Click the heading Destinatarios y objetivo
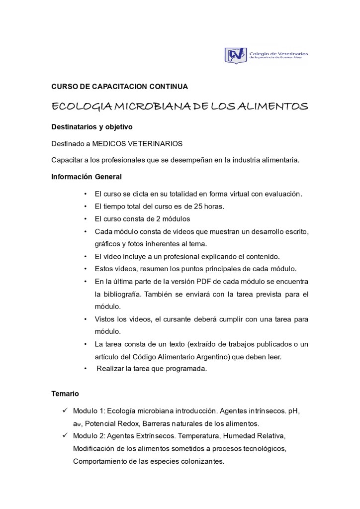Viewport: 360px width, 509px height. click(92, 127)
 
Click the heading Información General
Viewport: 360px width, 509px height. click(87, 176)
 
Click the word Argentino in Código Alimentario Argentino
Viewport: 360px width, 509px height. click(223, 356)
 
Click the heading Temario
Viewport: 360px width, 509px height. click(65, 394)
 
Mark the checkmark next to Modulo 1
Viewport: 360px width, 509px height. click(65, 411)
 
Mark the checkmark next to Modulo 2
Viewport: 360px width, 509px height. click(65, 436)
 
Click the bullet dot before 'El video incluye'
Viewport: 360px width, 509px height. click(86, 257)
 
